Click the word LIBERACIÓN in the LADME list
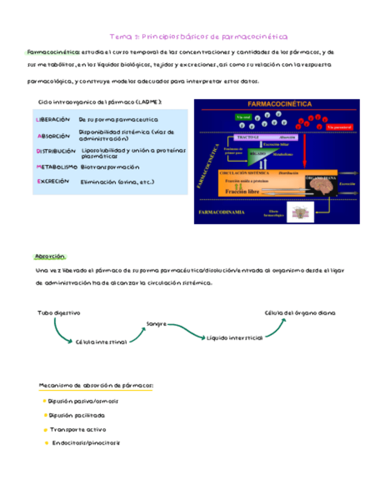[53, 120]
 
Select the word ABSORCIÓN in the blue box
[53, 136]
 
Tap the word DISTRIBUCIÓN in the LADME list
[55, 151]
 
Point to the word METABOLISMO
[57, 167]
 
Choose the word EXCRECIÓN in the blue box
[53, 181]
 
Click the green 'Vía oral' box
[243, 117]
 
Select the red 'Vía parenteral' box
[339, 127]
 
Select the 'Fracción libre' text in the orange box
[243, 191]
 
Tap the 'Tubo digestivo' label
[59, 313]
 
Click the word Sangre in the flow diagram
[156, 324]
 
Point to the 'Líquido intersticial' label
[235, 337]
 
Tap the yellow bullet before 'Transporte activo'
[45, 430]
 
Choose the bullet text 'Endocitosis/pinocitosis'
[86, 443]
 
